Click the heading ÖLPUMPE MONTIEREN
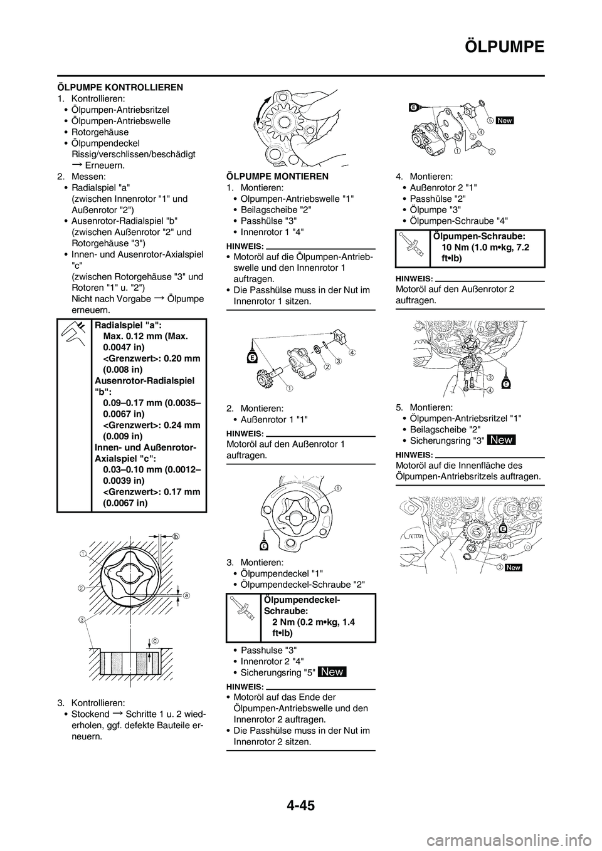click(x=276, y=176)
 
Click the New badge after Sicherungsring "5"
click(x=332, y=672)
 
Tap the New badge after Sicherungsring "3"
click(x=502, y=440)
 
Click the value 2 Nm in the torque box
click(x=283, y=622)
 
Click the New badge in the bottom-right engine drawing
click(x=513, y=567)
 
